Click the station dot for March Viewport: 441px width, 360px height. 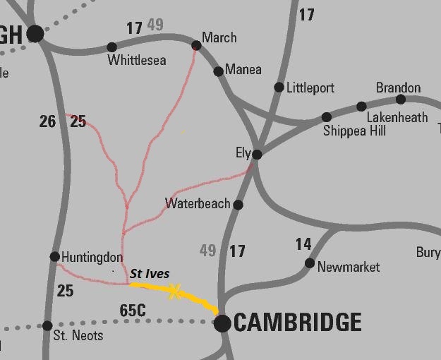point(196,46)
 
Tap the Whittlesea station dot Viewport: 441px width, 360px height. point(111,47)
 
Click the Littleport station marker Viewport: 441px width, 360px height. point(279,88)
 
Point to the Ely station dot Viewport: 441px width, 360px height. point(258,154)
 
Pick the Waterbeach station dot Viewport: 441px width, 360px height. point(238,205)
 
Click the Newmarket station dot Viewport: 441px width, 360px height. point(309,263)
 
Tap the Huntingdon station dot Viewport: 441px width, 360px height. point(55,256)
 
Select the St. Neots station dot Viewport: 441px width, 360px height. point(47,325)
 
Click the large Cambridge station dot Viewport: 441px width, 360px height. point(222,323)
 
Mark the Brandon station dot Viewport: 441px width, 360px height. point(400,99)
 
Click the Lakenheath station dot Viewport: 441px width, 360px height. point(361,107)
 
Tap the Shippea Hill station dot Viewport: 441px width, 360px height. point(326,117)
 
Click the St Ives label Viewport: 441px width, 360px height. point(150,274)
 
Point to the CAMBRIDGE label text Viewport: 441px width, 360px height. point(297,323)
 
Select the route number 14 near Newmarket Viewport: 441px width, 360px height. point(303,244)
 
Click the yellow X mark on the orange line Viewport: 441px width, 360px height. point(174,290)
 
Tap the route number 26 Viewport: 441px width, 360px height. point(47,122)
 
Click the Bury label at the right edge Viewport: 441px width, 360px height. point(428,252)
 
